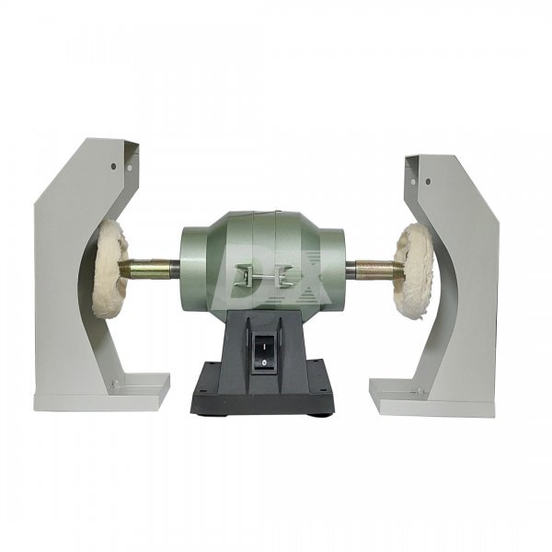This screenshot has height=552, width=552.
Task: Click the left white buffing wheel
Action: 109,270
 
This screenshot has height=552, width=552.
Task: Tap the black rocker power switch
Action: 264,353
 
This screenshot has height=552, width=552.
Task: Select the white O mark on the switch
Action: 264,362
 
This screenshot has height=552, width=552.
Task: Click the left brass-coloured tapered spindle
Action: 144,269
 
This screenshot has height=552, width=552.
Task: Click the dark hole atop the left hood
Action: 113,166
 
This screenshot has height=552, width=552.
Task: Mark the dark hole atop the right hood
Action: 428,181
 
